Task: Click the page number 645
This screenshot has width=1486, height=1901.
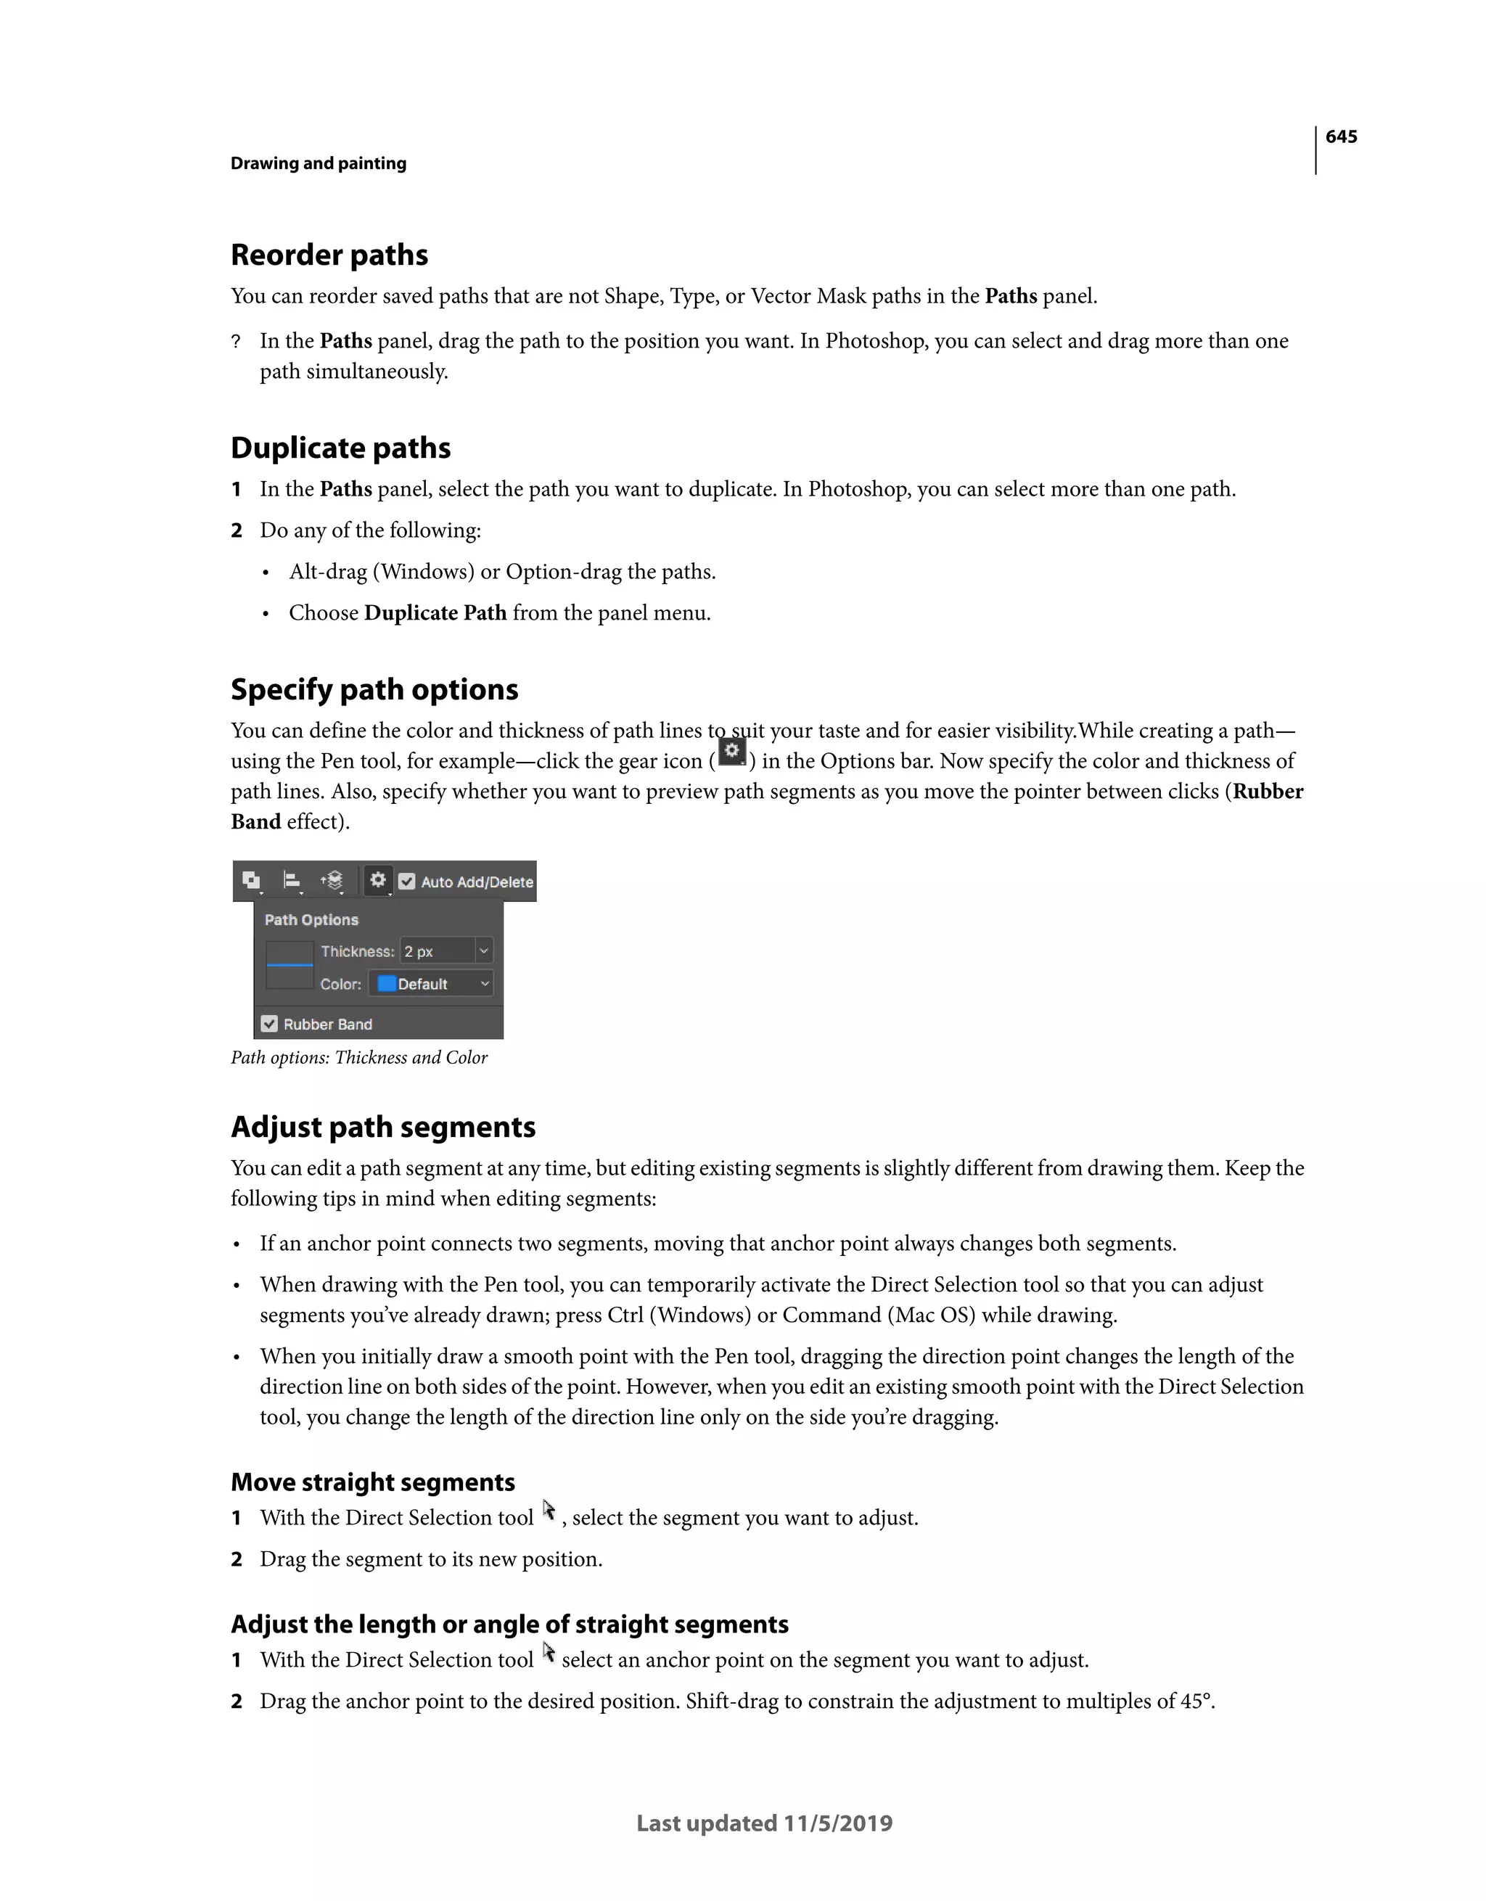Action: tap(1341, 136)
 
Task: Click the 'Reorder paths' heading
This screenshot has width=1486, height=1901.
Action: tap(329, 255)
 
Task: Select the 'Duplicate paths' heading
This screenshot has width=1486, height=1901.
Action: tap(340, 448)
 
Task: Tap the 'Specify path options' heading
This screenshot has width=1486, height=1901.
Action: tap(374, 689)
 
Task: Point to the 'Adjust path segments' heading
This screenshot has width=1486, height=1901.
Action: tap(383, 1128)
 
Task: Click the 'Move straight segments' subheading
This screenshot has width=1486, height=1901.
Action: tap(372, 1482)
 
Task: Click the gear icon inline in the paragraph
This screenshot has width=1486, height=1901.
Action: tap(733, 752)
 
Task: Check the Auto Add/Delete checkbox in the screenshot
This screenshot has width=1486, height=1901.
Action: tap(407, 882)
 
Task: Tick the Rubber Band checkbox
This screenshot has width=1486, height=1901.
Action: tap(270, 1024)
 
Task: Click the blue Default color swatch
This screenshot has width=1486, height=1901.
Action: tap(387, 984)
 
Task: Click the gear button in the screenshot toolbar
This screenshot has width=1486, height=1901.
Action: tap(378, 880)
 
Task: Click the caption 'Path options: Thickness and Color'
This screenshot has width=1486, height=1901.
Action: tap(358, 1058)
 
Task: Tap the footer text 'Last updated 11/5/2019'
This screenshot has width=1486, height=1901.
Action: tap(764, 1823)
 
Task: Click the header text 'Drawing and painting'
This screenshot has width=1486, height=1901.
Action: tap(319, 164)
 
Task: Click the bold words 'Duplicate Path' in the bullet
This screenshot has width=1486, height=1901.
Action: tap(435, 613)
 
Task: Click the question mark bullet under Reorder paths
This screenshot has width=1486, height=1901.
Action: tap(236, 342)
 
